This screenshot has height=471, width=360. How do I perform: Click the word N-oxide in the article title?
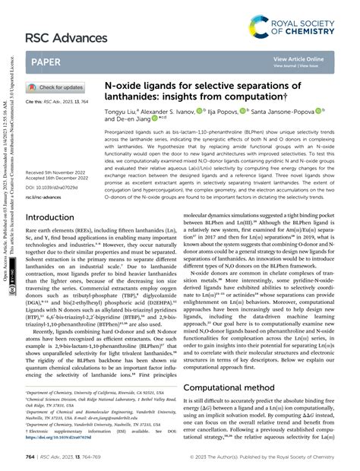pyautogui.click(x=122, y=88)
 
